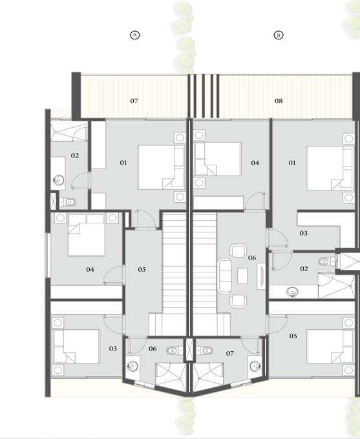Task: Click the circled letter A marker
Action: click(135, 35)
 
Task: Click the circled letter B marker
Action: click(279, 35)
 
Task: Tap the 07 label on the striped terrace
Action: click(134, 101)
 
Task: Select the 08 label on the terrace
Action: click(279, 101)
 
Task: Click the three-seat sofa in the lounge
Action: click(224, 276)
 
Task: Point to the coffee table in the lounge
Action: click(242, 276)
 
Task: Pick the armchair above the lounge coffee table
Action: click(238, 251)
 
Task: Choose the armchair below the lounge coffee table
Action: click(238, 301)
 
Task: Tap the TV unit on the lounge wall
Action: click(261, 276)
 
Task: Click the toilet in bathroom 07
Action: click(204, 351)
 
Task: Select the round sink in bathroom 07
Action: click(255, 365)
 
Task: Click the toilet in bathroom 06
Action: click(175, 351)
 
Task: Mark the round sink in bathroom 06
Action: click(132, 365)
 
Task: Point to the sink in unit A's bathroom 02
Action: click(59, 179)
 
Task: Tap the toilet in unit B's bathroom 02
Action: click(326, 261)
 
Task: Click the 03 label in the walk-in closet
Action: click(303, 233)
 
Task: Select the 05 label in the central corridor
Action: click(142, 269)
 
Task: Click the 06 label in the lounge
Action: click(252, 258)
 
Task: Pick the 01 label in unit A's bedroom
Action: click(123, 163)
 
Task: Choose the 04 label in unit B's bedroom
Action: click(255, 163)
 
